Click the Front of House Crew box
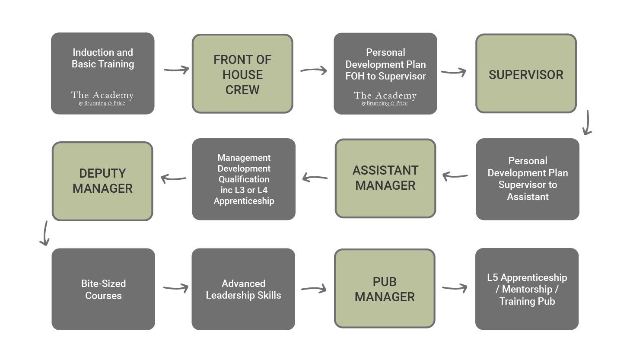tap(242, 74)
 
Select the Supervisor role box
tap(526, 74)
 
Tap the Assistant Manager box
tap(385, 178)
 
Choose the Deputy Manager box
tap(102, 181)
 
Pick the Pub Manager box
tap(385, 289)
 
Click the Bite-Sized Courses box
tap(103, 289)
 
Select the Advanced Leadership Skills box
tap(243, 289)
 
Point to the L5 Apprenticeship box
tap(527, 289)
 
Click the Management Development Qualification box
tap(244, 179)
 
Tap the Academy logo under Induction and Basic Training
tap(102, 98)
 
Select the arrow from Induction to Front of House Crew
tap(176, 70)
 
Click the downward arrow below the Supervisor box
tap(587, 123)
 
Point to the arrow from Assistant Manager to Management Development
tap(315, 178)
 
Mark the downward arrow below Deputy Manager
tap(45, 233)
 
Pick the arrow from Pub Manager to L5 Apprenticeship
tap(455, 288)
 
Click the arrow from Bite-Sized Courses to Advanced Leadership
tap(175, 288)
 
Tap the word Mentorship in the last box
tap(527, 289)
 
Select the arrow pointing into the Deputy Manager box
tap(173, 178)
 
